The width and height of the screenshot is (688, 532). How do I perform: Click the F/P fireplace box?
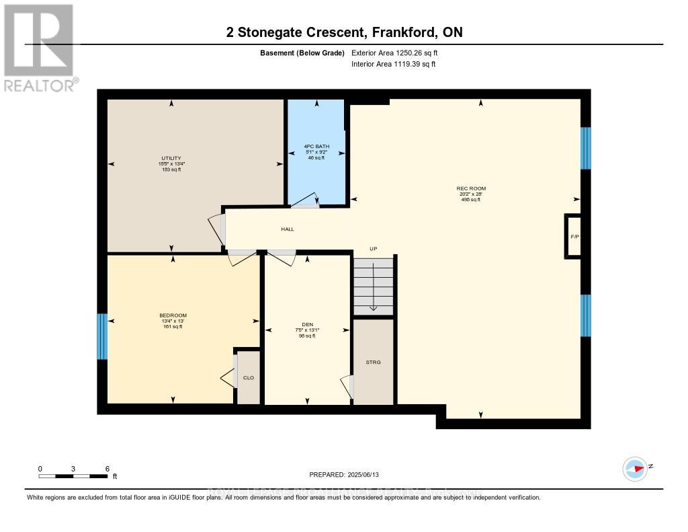pyautogui.click(x=574, y=237)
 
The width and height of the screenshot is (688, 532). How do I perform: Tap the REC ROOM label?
pyautogui.click(x=470, y=188)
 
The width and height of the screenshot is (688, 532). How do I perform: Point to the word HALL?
pyautogui.click(x=287, y=229)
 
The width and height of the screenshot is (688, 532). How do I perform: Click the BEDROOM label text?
pyautogui.click(x=173, y=315)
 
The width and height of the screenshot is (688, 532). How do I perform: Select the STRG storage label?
pyautogui.click(x=373, y=363)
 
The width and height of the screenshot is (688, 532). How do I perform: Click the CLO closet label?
pyautogui.click(x=248, y=378)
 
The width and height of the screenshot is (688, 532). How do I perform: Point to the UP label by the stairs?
pyautogui.click(x=374, y=249)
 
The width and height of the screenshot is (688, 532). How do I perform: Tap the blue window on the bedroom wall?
pyautogui.click(x=102, y=336)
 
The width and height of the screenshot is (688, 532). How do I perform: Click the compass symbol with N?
pyautogui.click(x=636, y=468)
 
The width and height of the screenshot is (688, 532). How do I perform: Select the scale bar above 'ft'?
pyautogui.click(x=73, y=476)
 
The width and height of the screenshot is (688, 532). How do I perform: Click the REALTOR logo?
pyautogui.click(x=38, y=47)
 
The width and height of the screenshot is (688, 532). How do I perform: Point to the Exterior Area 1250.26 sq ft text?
pyautogui.click(x=396, y=52)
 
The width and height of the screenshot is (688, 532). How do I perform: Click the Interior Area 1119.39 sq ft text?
pyautogui.click(x=394, y=65)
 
